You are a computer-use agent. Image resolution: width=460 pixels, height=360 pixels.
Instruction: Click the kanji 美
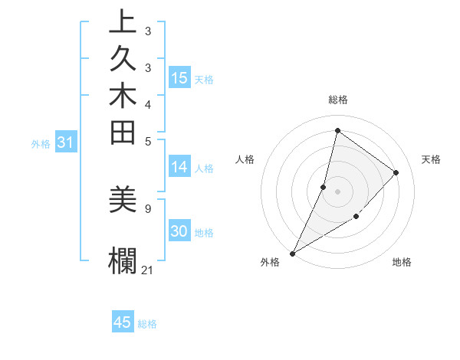coord(123,201)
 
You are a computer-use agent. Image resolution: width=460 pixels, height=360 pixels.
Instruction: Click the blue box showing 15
coord(179,77)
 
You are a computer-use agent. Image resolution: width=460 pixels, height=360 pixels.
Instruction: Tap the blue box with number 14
coord(179,167)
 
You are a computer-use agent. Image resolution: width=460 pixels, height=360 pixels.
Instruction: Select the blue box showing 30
coord(179,232)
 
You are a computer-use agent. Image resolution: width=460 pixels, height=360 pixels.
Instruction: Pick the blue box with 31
coord(65,142)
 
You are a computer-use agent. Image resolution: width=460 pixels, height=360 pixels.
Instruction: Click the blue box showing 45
coord(123,322)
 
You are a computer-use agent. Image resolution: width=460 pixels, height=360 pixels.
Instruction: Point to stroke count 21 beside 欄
coord(147,270)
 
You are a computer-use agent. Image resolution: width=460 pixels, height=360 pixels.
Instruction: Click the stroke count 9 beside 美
coord(147,208)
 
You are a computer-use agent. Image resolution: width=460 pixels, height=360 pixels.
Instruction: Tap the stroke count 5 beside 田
coord(147,140)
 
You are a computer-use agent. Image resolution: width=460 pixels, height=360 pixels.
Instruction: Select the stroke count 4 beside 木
coord(147,103)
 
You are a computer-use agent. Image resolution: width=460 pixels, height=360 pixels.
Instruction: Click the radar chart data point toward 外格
coord(293,253)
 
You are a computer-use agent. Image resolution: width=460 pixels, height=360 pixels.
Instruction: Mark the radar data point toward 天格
coord(396,173)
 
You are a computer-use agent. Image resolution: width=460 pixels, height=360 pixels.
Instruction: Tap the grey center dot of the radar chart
coord(337,191)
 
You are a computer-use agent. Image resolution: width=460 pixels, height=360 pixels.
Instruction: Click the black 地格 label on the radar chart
coord(402,262)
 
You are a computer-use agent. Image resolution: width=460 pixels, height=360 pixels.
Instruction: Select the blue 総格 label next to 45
coord(148,323)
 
